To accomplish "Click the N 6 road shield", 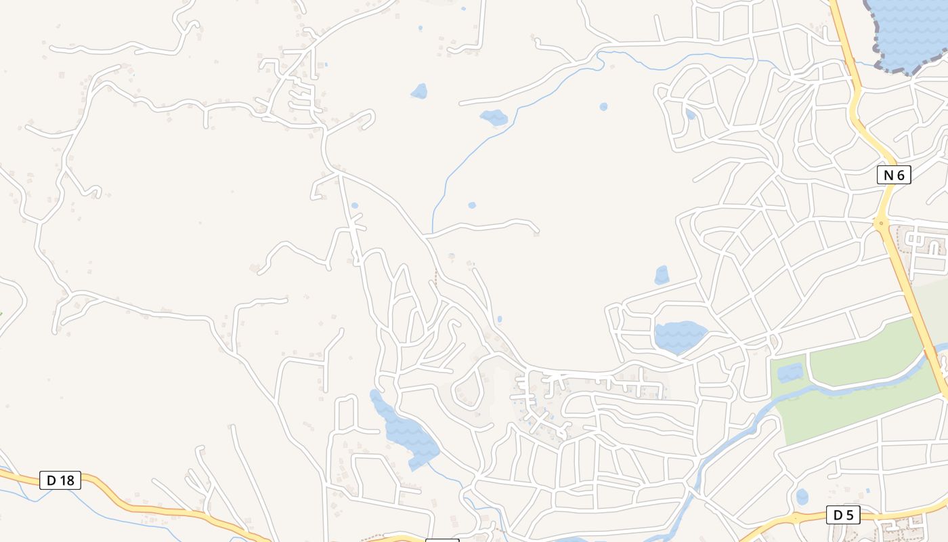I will (894, 175).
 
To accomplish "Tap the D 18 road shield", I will (60, 480).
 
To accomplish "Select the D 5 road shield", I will (843, 515).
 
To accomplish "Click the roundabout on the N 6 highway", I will (881, 223).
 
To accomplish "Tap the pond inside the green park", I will (790, 372).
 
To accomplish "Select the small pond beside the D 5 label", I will (802, 497).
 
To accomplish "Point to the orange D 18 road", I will (135, 505).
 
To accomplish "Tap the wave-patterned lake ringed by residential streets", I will (679, 337).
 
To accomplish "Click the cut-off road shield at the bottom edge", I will (441, 540).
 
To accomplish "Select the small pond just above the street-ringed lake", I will (662, 275).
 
